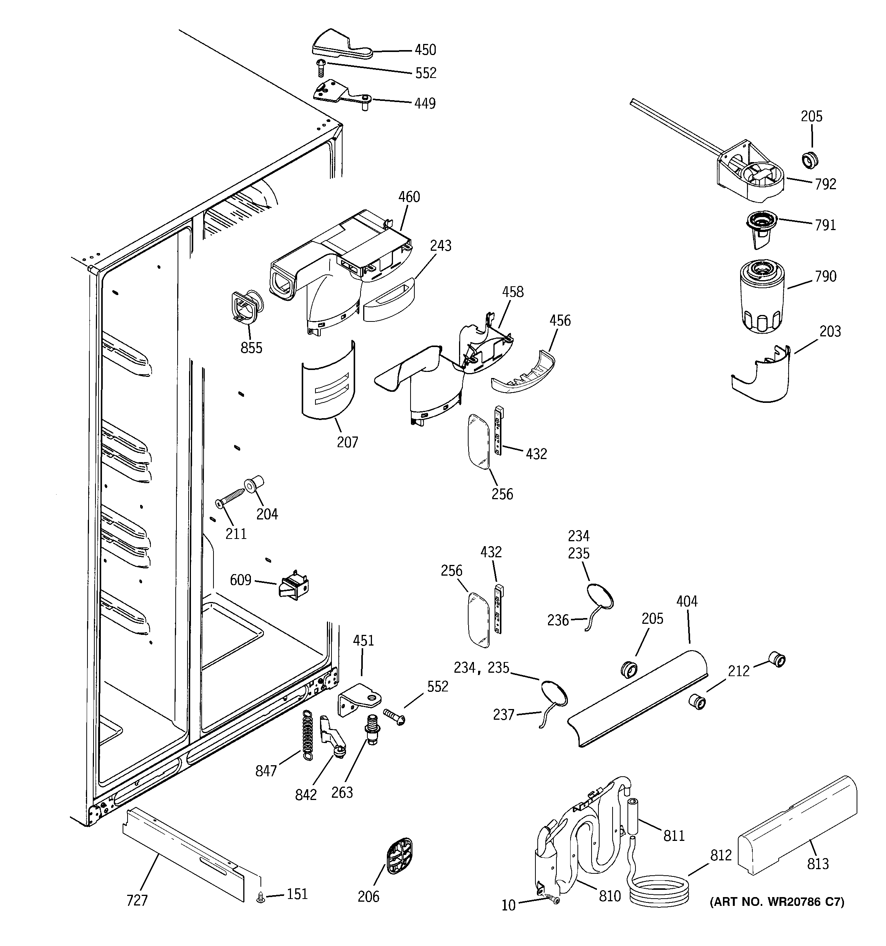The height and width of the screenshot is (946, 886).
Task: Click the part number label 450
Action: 425,50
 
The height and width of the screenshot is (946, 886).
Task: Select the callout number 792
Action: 825,184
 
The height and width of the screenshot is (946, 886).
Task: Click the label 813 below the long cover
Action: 818,864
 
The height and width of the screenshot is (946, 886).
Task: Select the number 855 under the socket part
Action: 251,348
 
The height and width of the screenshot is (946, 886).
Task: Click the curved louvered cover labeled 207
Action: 328,381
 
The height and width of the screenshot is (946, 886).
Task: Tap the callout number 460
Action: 409,197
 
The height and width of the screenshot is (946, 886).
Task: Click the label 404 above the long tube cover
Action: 687,602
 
